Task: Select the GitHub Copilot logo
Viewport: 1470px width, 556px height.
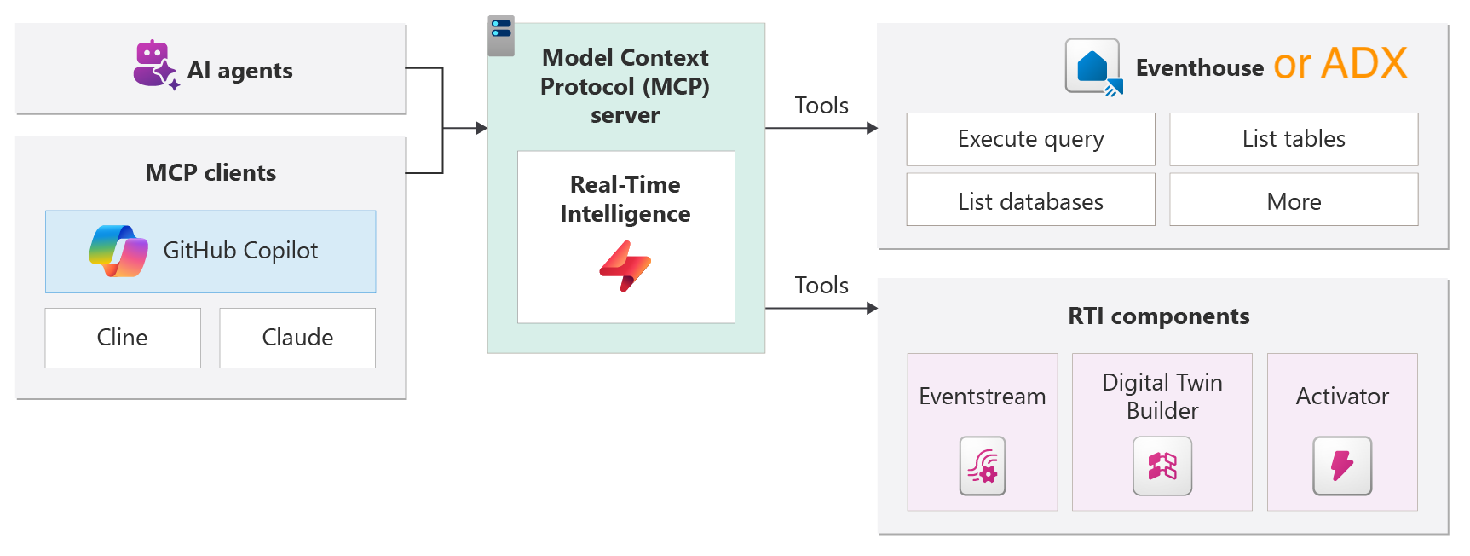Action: click(118, 251)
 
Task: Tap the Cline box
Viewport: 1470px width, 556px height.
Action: click(123, 338)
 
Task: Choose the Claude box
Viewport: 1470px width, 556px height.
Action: click(297, 338)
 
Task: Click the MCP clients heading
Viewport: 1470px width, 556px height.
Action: click(210, 173)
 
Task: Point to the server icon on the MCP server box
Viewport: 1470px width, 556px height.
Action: click(501, 35)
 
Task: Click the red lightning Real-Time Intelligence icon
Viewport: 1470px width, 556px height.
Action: click(625, 266)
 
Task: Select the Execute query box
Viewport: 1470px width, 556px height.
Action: click(1030, 139)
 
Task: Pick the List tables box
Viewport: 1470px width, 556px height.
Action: click(1294, 139)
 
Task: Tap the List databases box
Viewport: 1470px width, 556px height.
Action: click(1030, 202)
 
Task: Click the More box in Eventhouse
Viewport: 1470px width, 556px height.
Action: click(1294, 202)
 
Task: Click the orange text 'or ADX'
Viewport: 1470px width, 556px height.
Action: click(1340, 63)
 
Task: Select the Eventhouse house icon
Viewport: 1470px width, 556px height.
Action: click(1092, 67)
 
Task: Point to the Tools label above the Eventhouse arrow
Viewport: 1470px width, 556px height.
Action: click(821, 106)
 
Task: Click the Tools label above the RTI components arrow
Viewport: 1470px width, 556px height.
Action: click(821, 286)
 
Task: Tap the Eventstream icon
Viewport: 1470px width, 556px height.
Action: click(983, 466)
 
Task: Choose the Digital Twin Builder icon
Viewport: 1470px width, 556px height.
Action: click(1162, 466)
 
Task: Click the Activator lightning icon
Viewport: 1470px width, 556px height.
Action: click(1342, 466)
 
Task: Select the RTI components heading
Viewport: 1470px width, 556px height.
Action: click(1158, 316)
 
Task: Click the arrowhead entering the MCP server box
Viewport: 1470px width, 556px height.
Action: click(481, 128)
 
